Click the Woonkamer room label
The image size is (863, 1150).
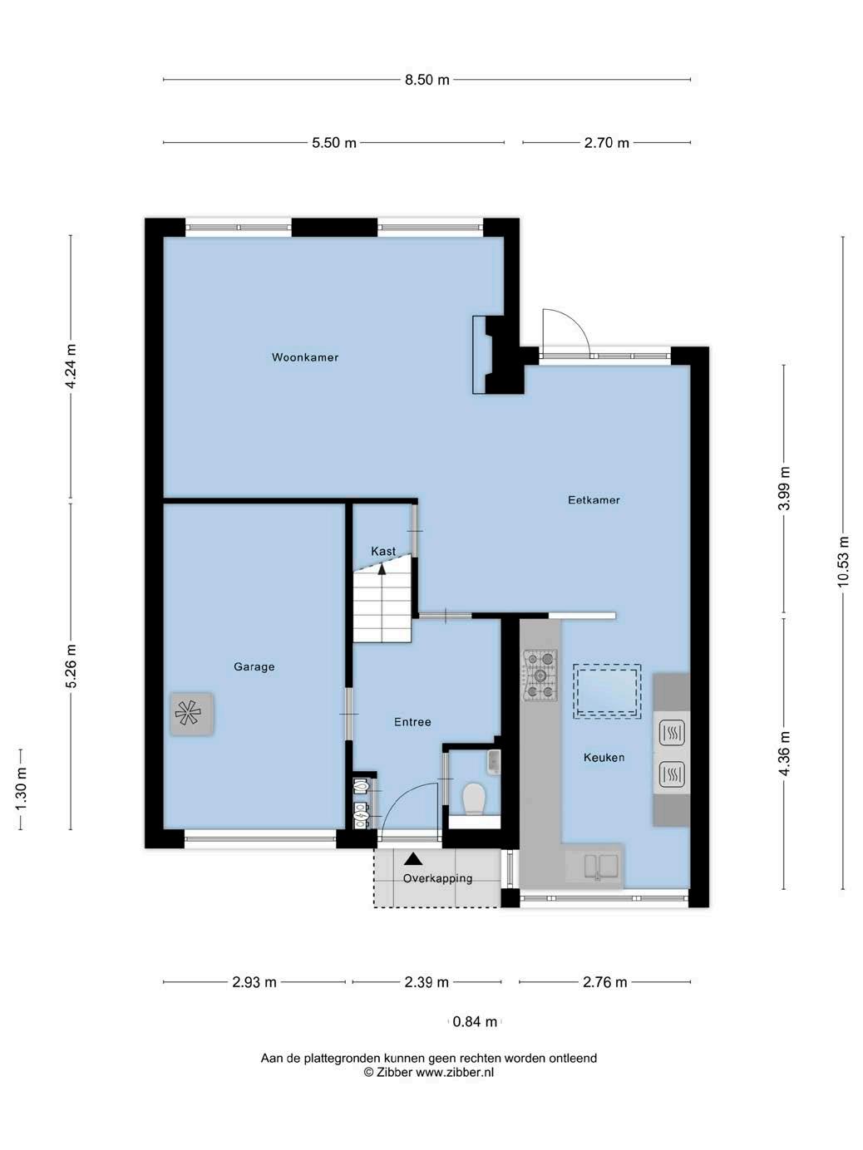pos(305,357)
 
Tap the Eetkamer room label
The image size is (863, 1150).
pos(594,500)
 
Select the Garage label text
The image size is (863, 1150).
pos(254,666)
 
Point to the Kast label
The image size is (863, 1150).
pos(383,551)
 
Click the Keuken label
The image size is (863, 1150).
pos(604,757)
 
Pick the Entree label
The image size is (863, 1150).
pos(412,722)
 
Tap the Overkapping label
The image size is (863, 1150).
pos(437,878)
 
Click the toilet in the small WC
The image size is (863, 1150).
pos(475,799)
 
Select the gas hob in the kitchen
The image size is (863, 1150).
pos(540,675)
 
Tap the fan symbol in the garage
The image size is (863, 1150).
pos(191,714)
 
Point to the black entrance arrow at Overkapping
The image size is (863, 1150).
pos(413,859)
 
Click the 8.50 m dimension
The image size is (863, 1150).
pos(427,80)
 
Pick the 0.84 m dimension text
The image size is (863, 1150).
pos(475,1022)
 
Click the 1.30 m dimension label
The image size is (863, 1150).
pos(21,789)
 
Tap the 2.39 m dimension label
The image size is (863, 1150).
pos(427,982)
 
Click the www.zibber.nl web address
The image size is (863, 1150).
pos(455,1072)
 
